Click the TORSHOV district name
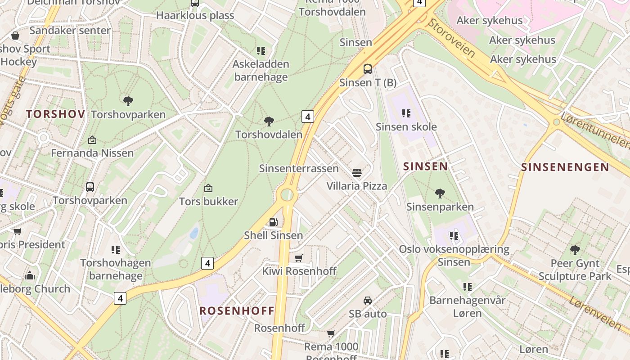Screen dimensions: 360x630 click(x=55, y=114)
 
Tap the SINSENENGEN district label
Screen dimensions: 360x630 click(x=565, y=167)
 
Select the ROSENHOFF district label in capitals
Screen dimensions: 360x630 click(x=237, y=310)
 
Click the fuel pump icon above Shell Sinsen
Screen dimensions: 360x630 click(x=273, y=222)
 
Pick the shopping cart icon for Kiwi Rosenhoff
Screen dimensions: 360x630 click(x=298, y=258)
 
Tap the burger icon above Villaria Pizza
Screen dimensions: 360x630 click(x=357, y=172)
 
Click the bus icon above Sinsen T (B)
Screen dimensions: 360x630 click(x=368, y=69)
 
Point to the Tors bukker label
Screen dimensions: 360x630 click(x=208, y=201)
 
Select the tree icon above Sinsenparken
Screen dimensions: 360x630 click(x=440, y=193)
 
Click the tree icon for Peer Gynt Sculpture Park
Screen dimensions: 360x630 click(x=575, y=250)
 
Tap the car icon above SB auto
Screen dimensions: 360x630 click(x=368, y=301)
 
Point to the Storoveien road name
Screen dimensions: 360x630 click(x=451, y=38)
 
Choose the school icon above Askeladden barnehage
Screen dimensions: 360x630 click(x=261, y=51)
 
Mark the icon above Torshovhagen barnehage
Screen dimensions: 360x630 click(x=116, y=249)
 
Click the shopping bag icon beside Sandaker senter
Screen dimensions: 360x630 click(x=15, y=36)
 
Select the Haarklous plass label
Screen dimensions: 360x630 click(x=195, y=15)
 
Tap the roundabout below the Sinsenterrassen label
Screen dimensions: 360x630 click(x=287, y=195)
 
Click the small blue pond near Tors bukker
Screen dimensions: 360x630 click(x=194, y=233)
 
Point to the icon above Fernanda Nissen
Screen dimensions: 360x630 click(x=92, y=140)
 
